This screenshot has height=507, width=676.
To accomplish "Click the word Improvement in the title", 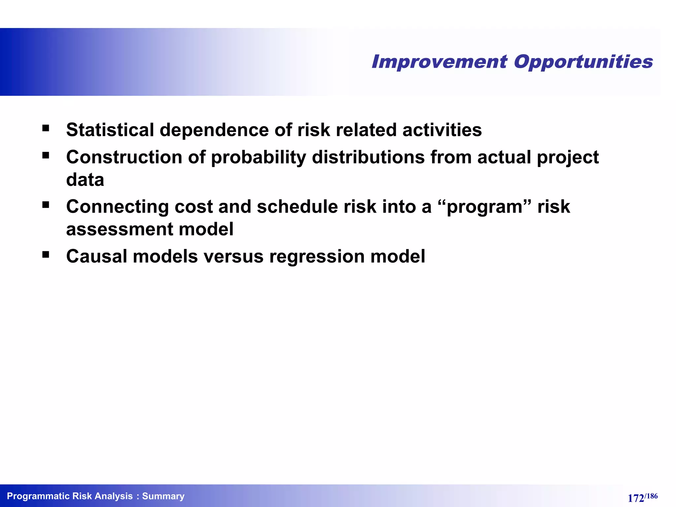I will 439,62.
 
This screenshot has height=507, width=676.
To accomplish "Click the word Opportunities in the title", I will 583,62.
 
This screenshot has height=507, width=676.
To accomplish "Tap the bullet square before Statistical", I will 46,128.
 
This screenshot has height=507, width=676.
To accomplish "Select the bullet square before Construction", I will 46,155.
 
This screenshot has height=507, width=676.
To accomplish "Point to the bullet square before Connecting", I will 46,205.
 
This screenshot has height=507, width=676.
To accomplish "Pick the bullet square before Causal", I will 46,254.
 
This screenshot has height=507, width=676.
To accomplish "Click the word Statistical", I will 110,130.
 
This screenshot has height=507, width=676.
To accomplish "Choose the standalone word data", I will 85,180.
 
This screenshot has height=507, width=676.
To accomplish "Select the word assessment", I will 119,229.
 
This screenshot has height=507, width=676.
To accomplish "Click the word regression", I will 317,257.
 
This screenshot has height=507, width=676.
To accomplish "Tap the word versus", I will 233,256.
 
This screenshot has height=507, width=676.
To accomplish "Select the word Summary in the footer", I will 163,496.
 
